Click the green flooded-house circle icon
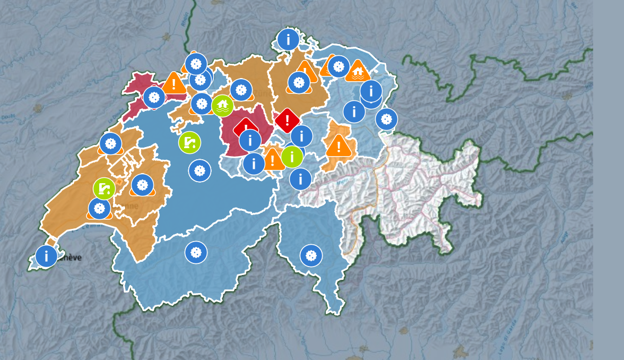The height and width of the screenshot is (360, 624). click(x=222, y=106)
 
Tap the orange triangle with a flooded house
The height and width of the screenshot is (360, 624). click(x=358, y=71)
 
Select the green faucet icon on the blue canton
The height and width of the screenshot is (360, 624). click(x=189, y=142)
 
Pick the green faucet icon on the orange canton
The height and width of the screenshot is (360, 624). click(x=104, y=188)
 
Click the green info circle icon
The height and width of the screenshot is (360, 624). click(x=292, y=157)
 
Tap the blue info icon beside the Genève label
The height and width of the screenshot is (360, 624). click(x=46, y=256)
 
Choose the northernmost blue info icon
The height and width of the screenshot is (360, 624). click(x=288, y=39)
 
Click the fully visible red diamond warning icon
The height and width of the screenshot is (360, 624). click(x=287, y=120)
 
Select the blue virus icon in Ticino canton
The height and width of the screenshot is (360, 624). click(x=311, y=256)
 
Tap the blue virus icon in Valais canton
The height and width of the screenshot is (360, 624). click(x=196, y=252)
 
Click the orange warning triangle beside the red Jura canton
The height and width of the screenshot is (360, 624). click(x=174, y=83)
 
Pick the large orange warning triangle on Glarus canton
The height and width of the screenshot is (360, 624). click(x=339, y=145)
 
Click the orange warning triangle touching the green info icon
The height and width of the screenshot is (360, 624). click(x=274, y=159)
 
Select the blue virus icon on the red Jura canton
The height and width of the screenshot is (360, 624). click(x=154, y=98)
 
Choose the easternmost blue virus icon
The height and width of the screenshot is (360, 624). click(x=386, y=119)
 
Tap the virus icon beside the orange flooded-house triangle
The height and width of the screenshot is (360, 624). click(x=339, y=66)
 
